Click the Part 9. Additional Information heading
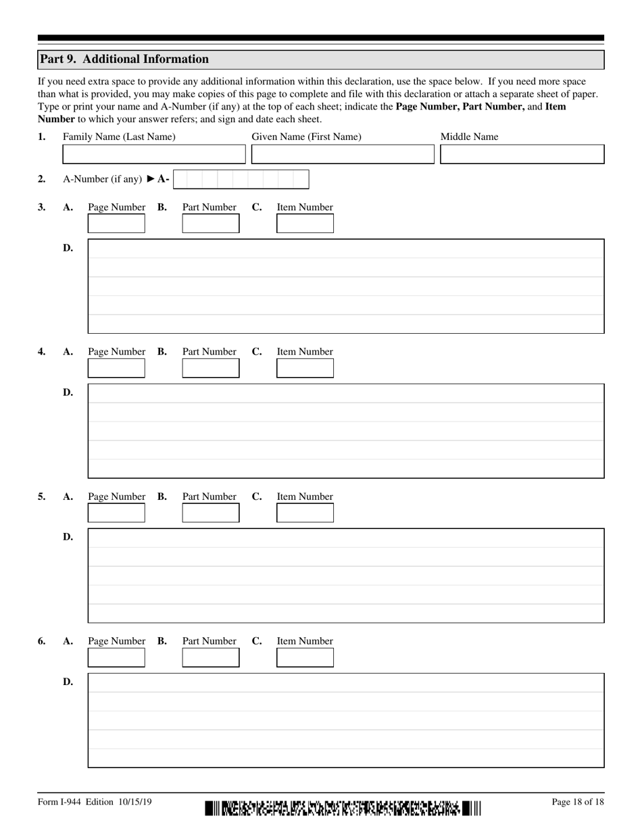point(124,59)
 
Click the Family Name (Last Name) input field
point(154,154)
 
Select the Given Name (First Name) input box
point(343,154)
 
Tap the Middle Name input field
point(522,154)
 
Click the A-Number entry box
point(241,179)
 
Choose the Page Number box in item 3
point(116,224)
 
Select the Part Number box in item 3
point(211,224)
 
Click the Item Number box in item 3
point(305,224)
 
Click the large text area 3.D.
point(346,286)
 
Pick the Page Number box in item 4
point(116,368)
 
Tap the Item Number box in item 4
point(305,368)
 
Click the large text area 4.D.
point(346,430)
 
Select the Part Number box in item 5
point(211,513)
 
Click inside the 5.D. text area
point(346,575)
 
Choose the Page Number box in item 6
point(116,657)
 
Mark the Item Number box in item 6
point(305,657)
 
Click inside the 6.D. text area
point(346,720)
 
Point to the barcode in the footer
point(343,808)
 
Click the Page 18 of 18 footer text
point(577,802)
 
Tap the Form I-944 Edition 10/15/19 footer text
point(95,802)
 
